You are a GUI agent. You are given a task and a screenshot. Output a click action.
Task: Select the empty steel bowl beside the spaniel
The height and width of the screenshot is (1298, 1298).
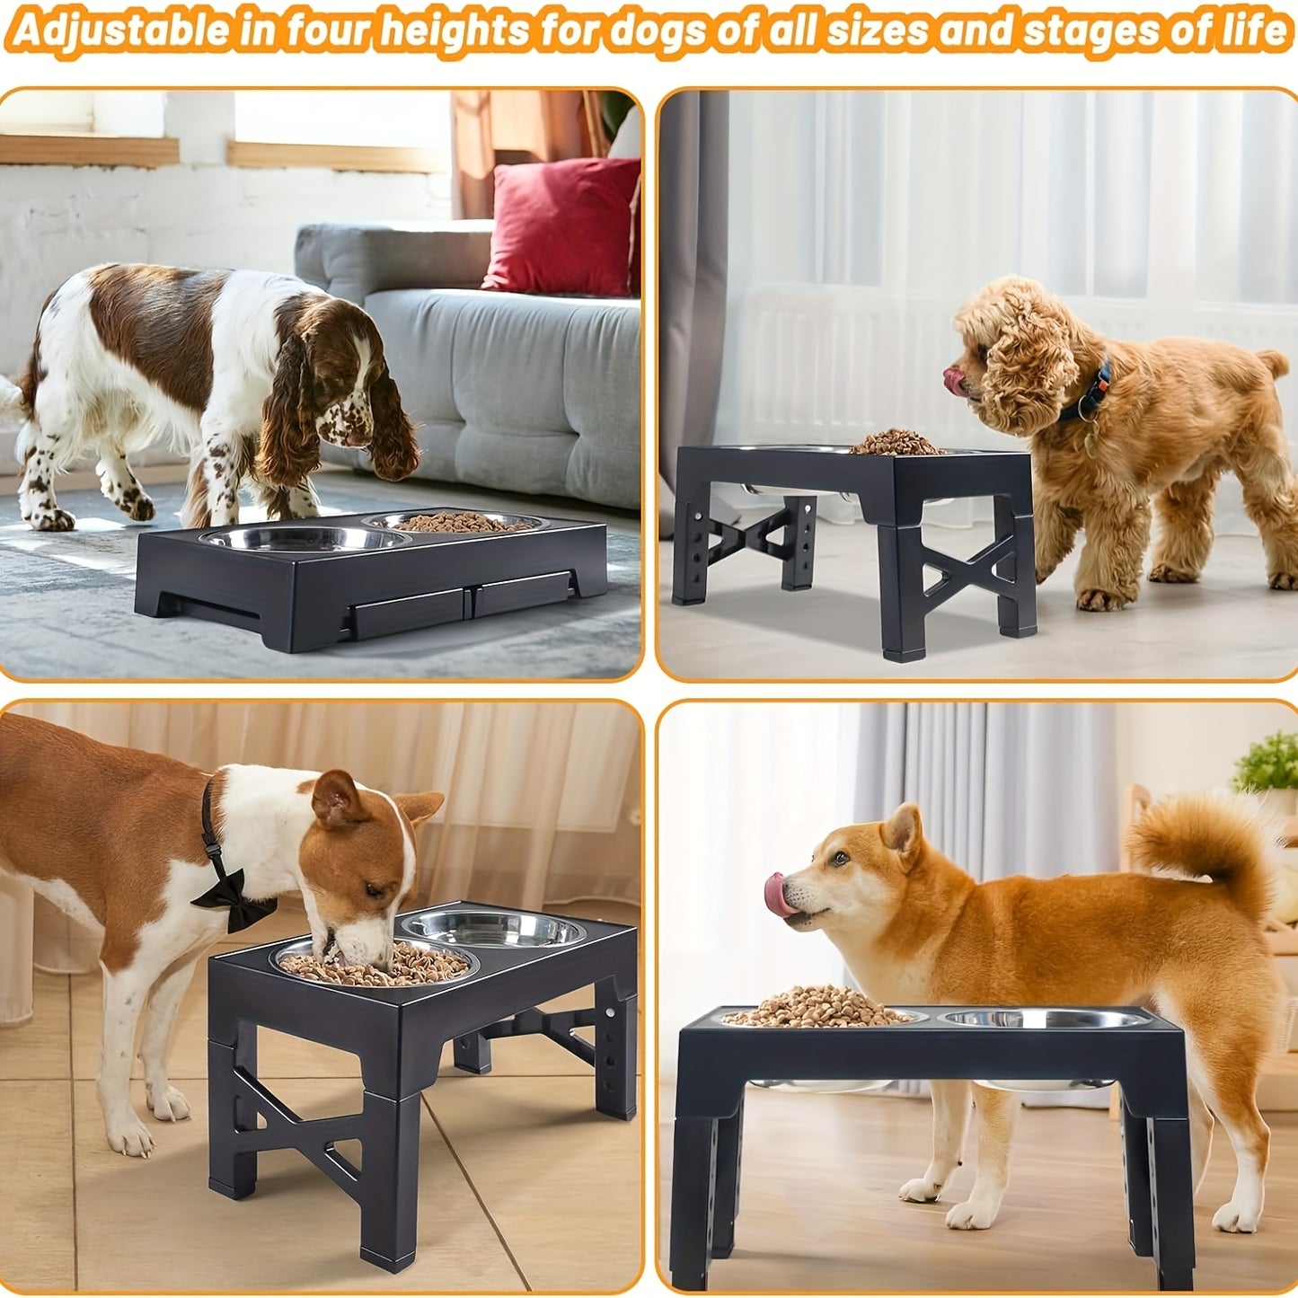[x=304, y=539]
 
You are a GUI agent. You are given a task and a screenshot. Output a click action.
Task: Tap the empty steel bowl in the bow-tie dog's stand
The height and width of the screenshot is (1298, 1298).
[x=493, y=929]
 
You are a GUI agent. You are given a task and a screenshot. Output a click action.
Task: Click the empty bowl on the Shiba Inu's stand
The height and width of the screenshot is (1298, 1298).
[x=1042, y=1018]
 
